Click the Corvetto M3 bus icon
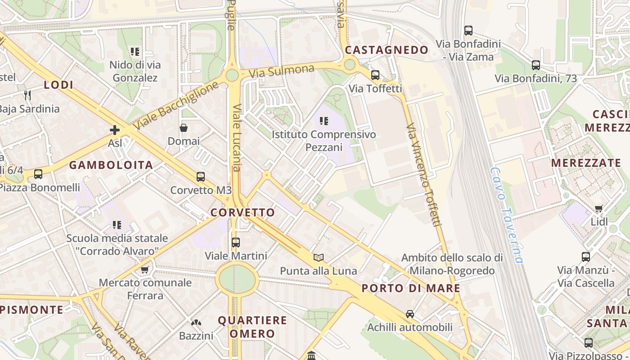[201, 177]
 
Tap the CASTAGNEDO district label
[387, 50]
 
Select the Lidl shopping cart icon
[598, 208]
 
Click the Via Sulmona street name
[281, 71]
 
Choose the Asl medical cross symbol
[115, 130]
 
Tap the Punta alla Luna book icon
[319, 257]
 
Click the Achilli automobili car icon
[409, 314]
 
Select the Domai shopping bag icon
[184, 128]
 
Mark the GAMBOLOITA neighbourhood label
[111, 165]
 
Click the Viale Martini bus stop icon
[236, 243]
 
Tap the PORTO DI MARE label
[411, 288]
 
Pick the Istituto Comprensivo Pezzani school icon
[324, 121]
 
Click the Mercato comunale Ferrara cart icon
[145, 270]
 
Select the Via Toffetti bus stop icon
[375, 75]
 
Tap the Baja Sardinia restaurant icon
[28, 95]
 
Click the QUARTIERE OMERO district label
[252, 327]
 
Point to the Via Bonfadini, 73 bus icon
[535, 65]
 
